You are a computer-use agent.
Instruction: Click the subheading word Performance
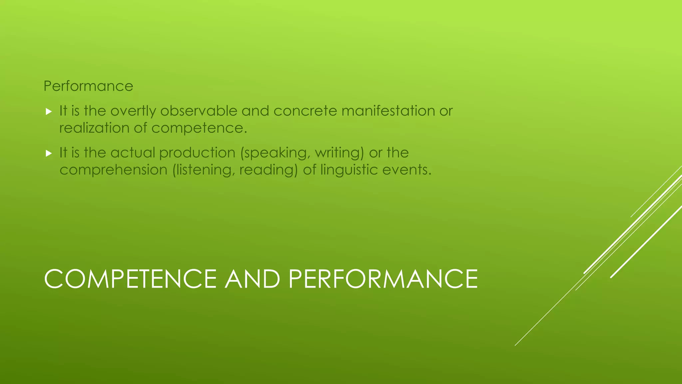tap(88, 86)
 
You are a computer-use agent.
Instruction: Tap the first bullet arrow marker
tap(49, 112)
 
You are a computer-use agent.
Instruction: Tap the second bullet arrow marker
tap(49, 153)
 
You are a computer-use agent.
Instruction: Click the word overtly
tap(133, 111)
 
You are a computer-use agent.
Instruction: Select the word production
tap(197, 153)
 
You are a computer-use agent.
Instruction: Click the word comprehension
tap(113, 170)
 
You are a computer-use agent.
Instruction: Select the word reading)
tap(268, 170)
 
